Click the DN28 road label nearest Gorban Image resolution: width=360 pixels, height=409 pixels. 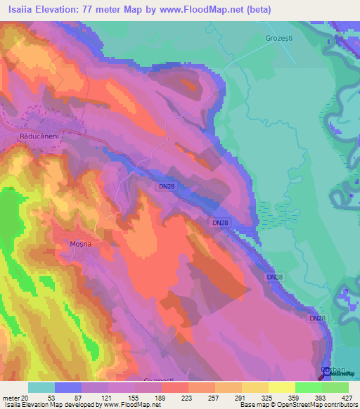pos(317,318)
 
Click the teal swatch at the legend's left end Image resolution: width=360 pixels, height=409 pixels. pos(41,387)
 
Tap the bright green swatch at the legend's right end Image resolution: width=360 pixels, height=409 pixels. pos(335,387)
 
